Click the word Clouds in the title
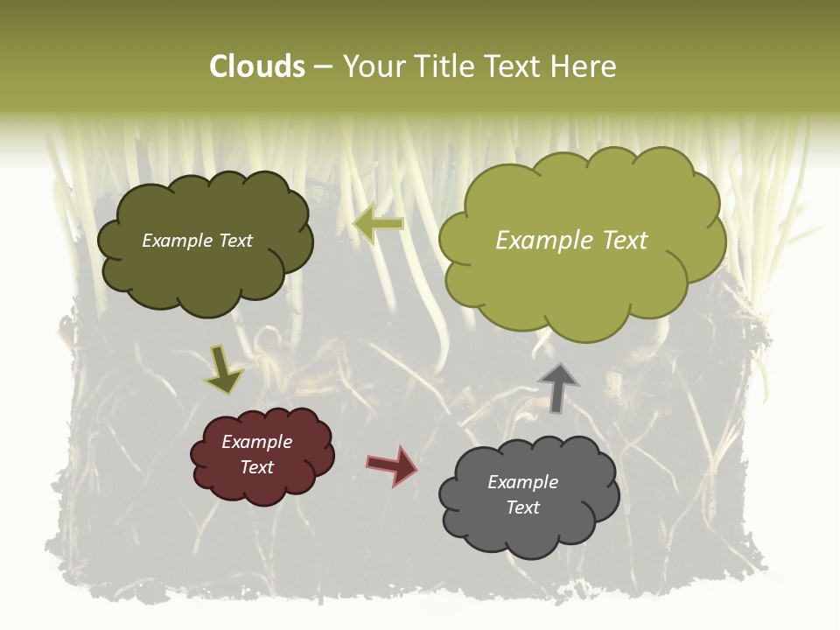[x=257, y=66]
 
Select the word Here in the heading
[x=582, y=66]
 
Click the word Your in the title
[x=374, y=66]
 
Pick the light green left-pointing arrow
[x=378, y=224]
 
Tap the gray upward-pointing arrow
[x=558, y=388]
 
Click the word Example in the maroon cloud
[x=257, y=442]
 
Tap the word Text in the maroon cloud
[x=257, y=467]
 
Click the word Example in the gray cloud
[x=522, y=482]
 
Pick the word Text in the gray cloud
[x=522, y=507]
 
